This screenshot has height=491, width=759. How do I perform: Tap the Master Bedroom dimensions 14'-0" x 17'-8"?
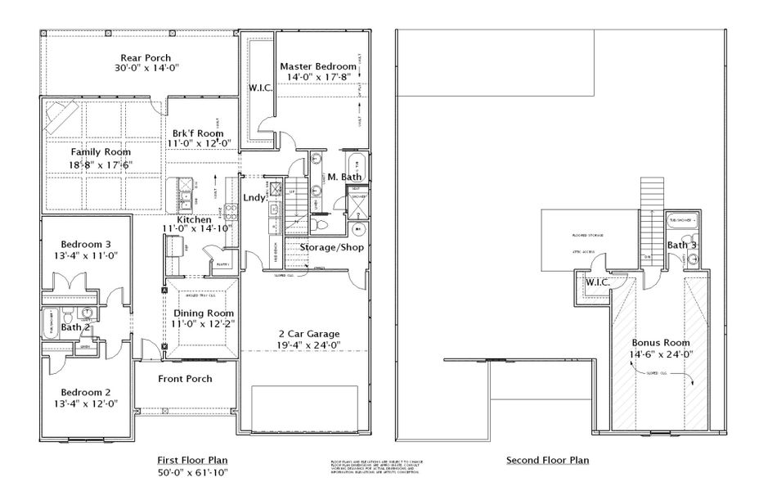317,78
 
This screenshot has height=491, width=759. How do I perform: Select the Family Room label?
101,151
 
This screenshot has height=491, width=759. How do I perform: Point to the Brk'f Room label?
198,133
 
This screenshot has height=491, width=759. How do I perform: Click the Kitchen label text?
194,219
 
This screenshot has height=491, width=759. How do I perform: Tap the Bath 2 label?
78,328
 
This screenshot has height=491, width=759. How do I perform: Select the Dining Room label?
203,313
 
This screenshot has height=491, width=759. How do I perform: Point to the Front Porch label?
186,378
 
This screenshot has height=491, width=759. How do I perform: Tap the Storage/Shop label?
331,246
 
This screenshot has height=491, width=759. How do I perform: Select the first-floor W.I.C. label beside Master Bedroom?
260,88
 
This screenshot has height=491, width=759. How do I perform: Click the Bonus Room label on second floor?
660,342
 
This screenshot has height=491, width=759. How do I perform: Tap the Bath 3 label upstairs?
681,245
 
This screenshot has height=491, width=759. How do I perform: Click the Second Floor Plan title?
547,460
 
